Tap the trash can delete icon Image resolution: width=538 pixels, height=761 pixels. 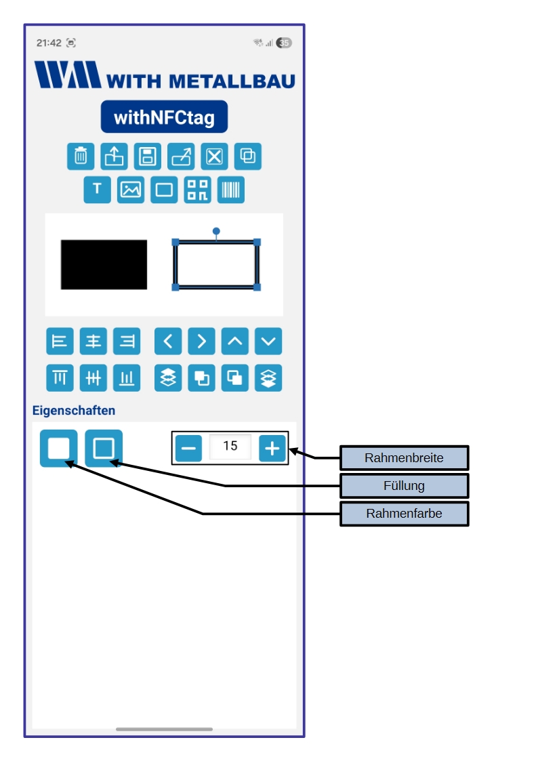(x=81, y=157)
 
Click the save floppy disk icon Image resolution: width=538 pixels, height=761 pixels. (x=147, y=157)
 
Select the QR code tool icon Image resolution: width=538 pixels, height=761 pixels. (x=198, y=190)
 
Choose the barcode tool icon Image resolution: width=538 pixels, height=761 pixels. (x=231, y=190)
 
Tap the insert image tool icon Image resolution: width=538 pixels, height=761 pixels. (x=131, y=190)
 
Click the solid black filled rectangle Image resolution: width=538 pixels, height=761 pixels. (x=104, y=264)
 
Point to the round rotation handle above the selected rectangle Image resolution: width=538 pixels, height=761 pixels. (x=216, y=231)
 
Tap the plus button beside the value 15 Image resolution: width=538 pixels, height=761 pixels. (x=272, y=448)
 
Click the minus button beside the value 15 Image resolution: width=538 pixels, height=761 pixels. (x=189, y=448)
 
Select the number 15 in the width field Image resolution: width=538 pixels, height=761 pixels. (x=230, y=447)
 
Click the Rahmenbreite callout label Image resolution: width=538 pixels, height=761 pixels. (x=404, y=458)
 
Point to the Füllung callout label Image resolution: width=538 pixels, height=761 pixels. (x=404, y=486)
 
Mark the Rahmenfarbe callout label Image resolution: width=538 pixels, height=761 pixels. (x=404, y=514)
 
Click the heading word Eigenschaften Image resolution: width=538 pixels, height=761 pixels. (x=74, y=411)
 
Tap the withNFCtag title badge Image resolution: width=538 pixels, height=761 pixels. (x=164, y=117)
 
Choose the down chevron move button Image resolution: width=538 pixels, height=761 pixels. (x=268, y=342)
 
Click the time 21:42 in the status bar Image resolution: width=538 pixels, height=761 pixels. (x=49, y=43)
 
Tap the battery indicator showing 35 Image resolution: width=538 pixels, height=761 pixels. (x=284, y=43)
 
